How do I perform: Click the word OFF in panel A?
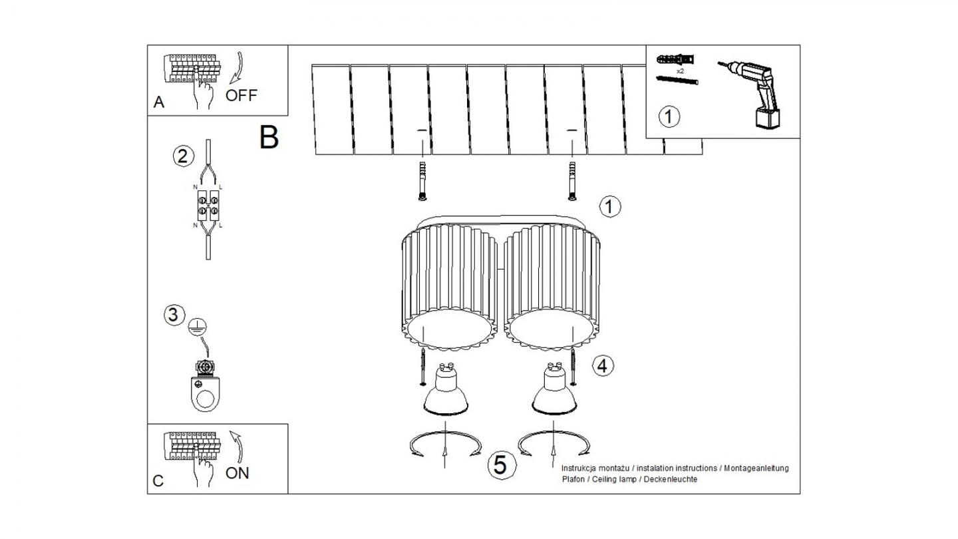point(241,94)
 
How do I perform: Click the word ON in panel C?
point(238,473)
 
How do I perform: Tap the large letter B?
point(269,137)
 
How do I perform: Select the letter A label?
point(158,102)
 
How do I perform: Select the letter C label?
point(158,481)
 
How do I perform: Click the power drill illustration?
point(754,92)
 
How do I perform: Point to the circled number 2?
point(183,156)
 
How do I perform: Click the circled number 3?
point(173,314)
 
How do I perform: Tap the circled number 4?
point(601,365)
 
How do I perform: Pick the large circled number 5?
point(501,464)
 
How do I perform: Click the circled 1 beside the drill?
point(669,116)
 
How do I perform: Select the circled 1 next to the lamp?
point(609,206)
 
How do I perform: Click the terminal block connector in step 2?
point(208,206)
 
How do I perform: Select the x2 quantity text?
point(680,71)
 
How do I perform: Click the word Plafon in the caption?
point(573,479)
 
